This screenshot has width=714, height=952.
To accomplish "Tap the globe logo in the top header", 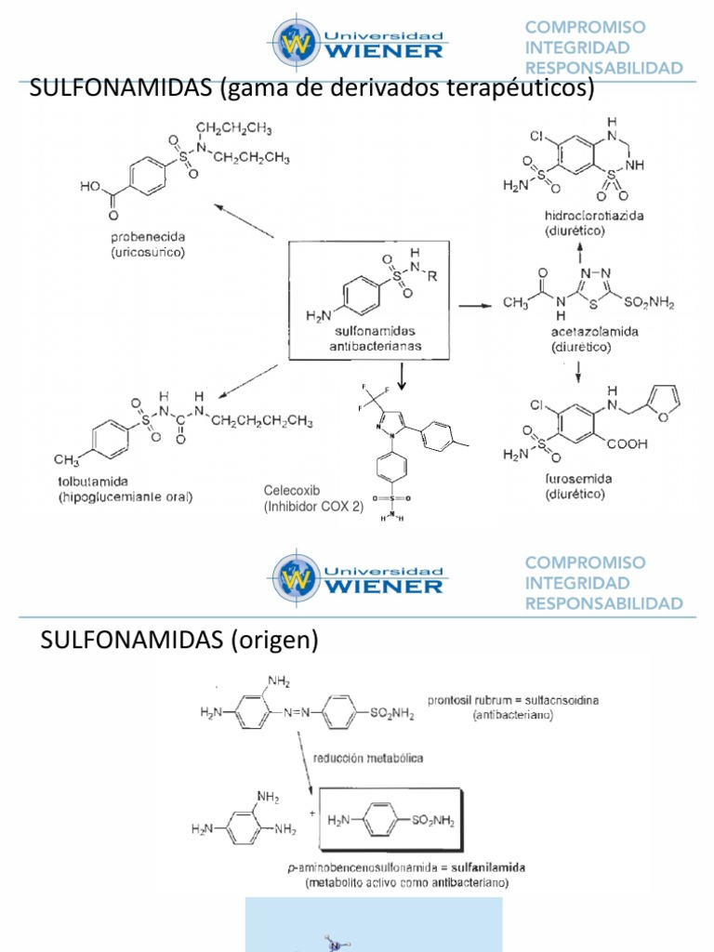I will pyautogui.click(x=295, y=40).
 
